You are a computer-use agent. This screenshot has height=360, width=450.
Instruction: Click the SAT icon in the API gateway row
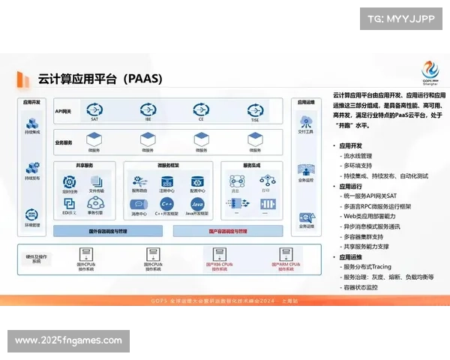94,111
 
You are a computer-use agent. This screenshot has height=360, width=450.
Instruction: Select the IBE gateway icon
148,111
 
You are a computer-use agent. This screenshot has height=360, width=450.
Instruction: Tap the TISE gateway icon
255,111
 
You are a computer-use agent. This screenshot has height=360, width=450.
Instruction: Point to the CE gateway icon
201,111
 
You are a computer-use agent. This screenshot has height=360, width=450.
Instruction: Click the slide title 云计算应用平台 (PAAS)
100,78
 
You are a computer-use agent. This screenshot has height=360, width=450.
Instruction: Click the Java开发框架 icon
197,204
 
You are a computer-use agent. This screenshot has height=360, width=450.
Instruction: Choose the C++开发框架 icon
168,204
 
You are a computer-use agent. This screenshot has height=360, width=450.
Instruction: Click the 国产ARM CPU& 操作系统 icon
285,255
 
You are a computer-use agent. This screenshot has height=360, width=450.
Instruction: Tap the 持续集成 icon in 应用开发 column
32,124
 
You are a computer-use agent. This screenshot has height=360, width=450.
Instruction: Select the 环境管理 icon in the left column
32,214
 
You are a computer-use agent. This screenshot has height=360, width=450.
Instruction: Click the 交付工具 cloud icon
306,121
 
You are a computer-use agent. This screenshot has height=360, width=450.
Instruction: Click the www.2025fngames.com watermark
68,340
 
